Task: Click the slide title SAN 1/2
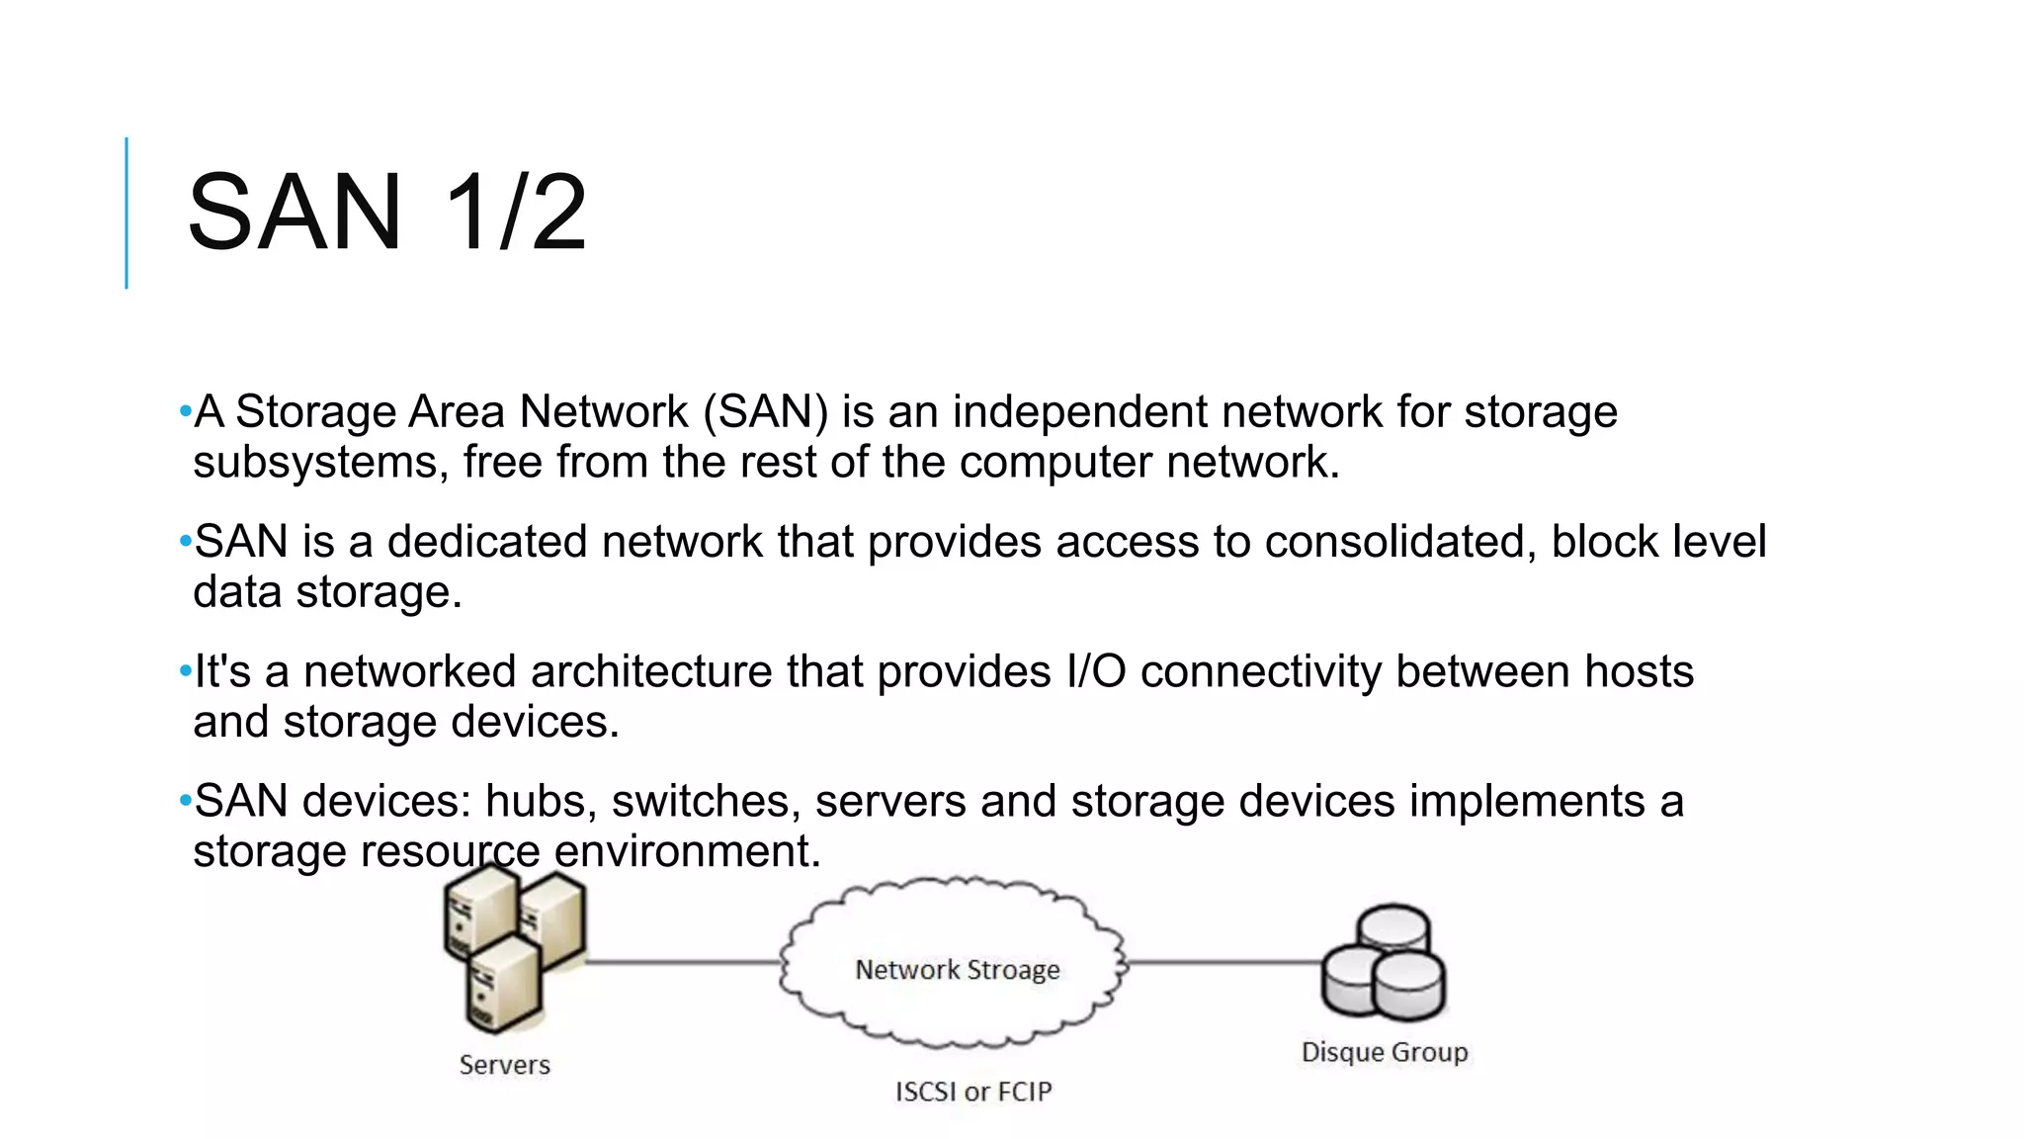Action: pos(386,213)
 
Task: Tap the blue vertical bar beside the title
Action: pos(126,213)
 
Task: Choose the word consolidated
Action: pos(1399,542)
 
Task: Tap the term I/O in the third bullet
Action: pos(1096,671)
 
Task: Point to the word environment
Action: pos(687,851)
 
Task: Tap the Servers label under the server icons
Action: pos(504,1065)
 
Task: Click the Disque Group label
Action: pos(1384,1052)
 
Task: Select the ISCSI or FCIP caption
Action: pos(973,1092)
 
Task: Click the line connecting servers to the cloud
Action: pos(682,961)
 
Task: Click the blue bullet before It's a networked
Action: pos(185,672)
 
